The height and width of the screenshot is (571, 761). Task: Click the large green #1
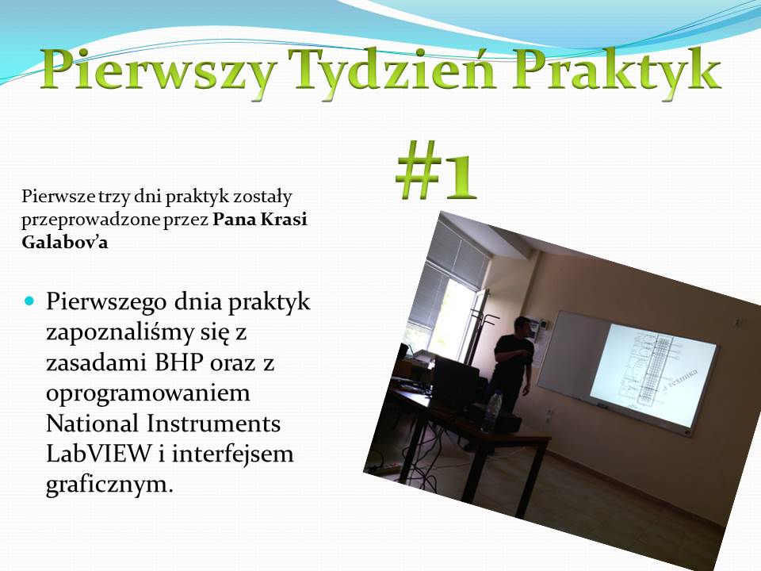pos(436,170)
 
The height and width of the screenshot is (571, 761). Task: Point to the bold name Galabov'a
pos(64,242)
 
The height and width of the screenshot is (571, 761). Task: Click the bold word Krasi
pos(284,220)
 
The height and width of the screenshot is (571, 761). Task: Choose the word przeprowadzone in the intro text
pos(90,220)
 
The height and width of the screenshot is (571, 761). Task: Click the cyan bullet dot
pos(29,301)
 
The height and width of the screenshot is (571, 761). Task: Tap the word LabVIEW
pos(99,454)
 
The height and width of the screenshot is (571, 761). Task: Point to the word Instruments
pos(213,423)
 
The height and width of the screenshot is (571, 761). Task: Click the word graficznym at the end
pos(109,484)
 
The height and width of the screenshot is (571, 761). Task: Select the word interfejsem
pos(232,454)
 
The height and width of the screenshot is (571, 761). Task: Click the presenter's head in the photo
pos(522,326)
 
